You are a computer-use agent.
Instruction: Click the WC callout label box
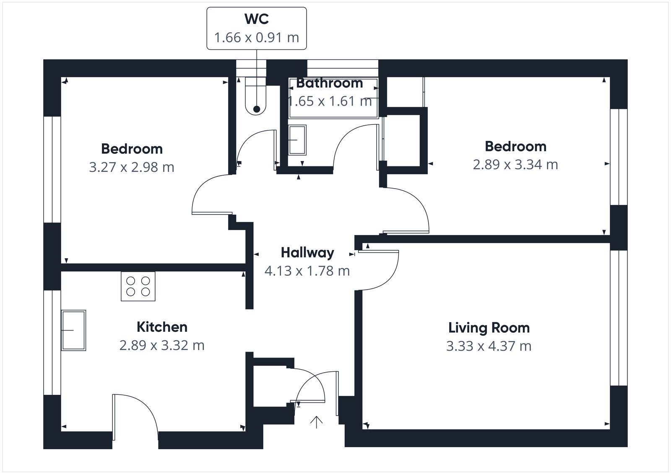click(x=256, y=28)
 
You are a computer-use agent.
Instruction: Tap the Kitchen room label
click(x=162, y=327)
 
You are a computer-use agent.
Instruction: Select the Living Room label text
click(x=489, y=328)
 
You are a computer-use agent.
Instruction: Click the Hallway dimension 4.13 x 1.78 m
click(x=307, y=271)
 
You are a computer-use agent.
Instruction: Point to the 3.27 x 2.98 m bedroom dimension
click(x=132, y=167)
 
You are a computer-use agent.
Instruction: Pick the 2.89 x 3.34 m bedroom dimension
click(x=515, y=165)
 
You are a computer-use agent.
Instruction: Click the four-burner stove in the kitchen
click(x=138, y=286)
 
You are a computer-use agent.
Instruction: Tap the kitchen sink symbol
click(x=74, y=330)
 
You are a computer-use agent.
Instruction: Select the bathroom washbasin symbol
click(x=297, y=140)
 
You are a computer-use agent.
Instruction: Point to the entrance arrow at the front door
click(x=316, y=422)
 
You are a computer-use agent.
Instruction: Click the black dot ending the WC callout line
click(x=256, y=109)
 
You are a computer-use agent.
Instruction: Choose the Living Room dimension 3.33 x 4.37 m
click(x=489, y=346)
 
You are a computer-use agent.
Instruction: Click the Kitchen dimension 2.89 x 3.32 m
click(x=162, y=345)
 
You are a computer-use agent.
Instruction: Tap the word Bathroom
click(x=330, y=83)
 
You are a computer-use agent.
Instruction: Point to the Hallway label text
click(x=307, y=253)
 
